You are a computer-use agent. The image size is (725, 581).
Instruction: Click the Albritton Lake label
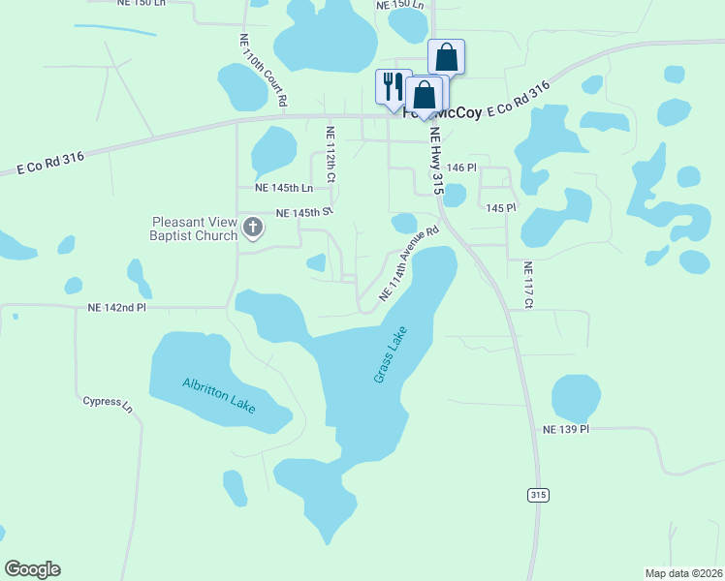(x=219, y=395)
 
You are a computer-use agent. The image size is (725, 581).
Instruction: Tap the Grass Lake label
(x=391, y=354)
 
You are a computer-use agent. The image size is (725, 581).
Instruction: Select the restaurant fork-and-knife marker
(x=393, y=85)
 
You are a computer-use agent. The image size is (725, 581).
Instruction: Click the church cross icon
(x=253, y=229)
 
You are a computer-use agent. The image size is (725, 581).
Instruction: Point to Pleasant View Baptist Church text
(x=193, y=229)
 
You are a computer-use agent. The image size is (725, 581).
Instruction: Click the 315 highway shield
(x=539, y=495)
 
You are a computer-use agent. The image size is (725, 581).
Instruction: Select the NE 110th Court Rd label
(x=262, y=70)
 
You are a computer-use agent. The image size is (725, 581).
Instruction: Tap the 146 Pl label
(x=461, y=168)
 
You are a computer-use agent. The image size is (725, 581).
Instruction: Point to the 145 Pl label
(x=501, y=208)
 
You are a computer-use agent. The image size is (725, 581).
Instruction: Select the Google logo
(x=32, y=569)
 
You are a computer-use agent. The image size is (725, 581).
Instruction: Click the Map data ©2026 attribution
(x=683, y=572)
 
